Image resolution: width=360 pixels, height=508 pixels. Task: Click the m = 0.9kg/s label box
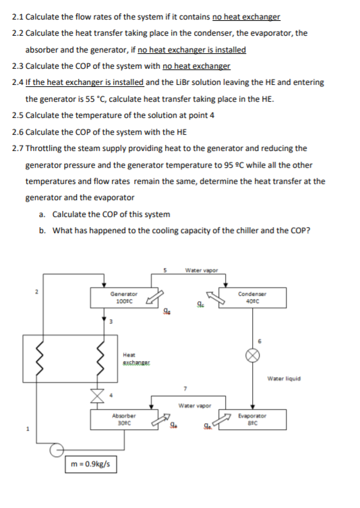tap(90, 465)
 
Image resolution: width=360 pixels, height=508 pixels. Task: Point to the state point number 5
tap(164, 271)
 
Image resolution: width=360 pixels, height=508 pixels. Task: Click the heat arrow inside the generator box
tap(154, 297)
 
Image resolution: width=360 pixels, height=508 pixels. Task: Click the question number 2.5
tap(18, 114)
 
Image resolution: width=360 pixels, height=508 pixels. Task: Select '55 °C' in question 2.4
tap(95, 98)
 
